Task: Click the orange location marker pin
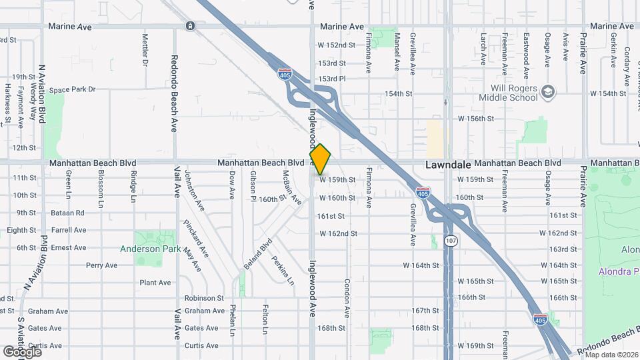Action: coord(320,159)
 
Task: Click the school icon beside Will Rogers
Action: coord(549,91)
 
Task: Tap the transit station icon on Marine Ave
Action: coord(191,26)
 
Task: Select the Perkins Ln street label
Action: coord(283,269)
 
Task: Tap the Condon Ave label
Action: coord(347,297)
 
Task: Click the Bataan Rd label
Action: coord(69,213)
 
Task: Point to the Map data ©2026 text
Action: coord(611,354)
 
